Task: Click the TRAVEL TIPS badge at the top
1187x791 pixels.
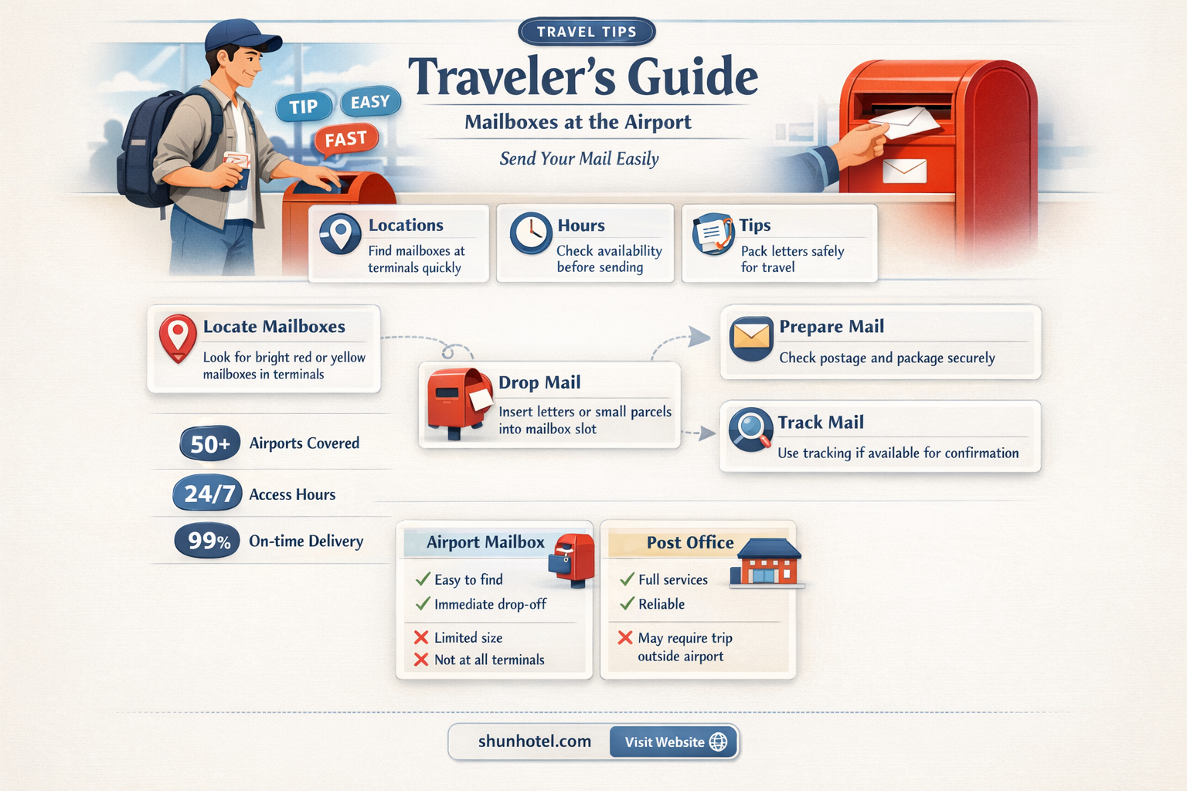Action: (587, 31)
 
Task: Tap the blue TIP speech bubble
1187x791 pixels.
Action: (304, 107)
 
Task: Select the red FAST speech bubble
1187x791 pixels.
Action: (346, 139)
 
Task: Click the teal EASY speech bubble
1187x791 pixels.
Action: (370, 101)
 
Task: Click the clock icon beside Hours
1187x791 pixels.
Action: (530, 233)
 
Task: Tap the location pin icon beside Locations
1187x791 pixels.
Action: (340, 233)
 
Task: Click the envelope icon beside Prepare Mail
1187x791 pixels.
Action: (751, 338)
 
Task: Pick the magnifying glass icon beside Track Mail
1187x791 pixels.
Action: (750, 429)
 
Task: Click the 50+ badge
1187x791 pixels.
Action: (210, 443)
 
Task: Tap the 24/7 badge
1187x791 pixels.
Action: (208, 494)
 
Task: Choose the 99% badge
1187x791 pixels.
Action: (207, 541)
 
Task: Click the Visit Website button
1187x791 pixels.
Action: (674, 742)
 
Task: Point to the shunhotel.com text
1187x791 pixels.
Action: (535, 741)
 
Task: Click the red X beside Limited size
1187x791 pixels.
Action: (421, 637)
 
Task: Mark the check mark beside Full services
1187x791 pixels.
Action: (627, 579)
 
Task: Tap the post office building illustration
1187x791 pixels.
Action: (767, 562)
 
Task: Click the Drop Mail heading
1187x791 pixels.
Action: (539, 382)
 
